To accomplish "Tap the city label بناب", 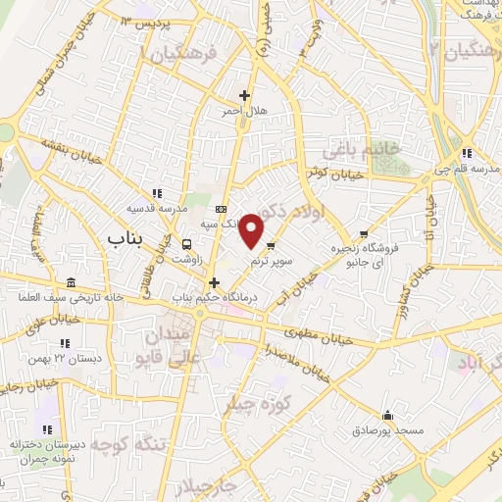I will [125, 238].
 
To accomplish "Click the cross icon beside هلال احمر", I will [244, 96].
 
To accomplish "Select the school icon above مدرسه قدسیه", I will [157, 193].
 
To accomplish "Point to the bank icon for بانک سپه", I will [221, 209].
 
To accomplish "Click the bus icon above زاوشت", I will [187, 244].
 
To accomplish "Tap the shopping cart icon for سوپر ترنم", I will [271, 245].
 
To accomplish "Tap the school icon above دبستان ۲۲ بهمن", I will [65, 343].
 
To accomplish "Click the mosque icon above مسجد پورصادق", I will [389, 415].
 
